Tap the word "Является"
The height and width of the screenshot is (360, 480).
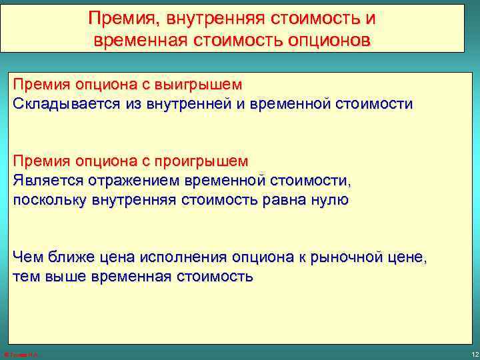[x=43, y=181]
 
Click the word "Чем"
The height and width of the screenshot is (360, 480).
[x=27, y=257]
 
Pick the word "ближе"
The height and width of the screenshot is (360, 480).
[x=68, y=257]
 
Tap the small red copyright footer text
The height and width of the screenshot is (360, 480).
[x=22, y=354]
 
